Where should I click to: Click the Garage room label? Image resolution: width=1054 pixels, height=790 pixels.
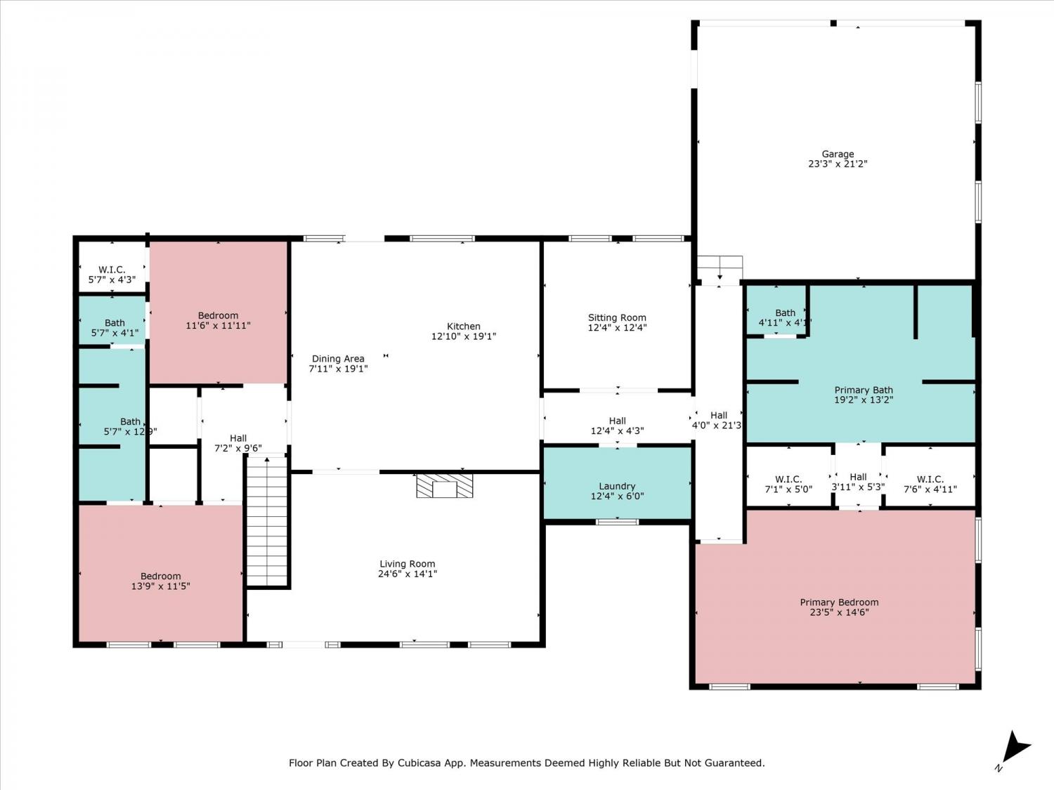point(838,154)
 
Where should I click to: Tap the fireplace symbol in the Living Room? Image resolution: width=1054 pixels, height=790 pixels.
point(444,485)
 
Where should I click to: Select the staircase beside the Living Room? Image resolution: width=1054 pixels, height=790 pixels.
point(267,521)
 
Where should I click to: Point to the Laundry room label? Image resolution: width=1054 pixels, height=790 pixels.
point(616,486)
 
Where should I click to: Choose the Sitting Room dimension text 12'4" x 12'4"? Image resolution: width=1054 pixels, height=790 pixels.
point(617,328)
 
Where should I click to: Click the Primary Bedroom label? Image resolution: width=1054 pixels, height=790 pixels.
point(839,602)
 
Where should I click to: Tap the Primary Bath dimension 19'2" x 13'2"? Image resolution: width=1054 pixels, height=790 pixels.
point(864,400)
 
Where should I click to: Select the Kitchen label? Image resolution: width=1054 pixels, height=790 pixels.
point(463,326)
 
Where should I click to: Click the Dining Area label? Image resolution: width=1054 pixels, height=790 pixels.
point(338,359)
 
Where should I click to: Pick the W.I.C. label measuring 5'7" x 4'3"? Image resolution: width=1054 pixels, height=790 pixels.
point(112,270)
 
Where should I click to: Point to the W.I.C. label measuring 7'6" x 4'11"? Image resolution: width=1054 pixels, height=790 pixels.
point(930,479)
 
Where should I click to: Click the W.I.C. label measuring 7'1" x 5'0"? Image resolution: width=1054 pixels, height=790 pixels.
point(788,479)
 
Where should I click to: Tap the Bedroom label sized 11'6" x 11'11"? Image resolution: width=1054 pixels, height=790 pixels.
point(218,315)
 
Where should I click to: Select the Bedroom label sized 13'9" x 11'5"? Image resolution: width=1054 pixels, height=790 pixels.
point(160,576)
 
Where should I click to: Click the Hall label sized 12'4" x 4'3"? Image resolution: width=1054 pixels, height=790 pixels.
point(617,421)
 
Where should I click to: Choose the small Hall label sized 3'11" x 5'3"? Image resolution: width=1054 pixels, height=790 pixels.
point(858,477)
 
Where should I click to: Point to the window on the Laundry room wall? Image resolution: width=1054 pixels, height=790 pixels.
point(617,522)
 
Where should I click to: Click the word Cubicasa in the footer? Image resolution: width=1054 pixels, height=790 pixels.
point(417,763)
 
